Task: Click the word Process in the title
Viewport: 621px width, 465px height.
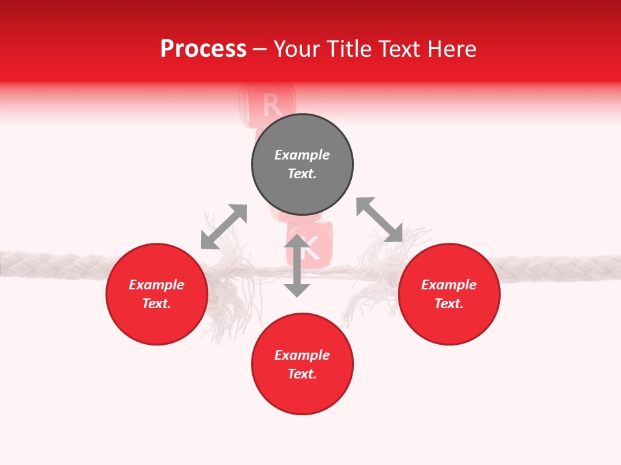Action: tap(203, 49)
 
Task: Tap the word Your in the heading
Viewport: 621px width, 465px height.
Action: tap(298, 49)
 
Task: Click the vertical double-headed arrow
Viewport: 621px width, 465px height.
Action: tap(297, 265)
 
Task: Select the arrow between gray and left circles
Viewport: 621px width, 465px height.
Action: tap(224, 227)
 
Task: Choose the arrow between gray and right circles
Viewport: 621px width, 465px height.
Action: tap(379, 220)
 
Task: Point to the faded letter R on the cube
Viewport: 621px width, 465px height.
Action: tap(272, 104)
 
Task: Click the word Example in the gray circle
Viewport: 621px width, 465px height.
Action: tap(302, 155)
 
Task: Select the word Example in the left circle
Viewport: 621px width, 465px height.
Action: tap(157, 285)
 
